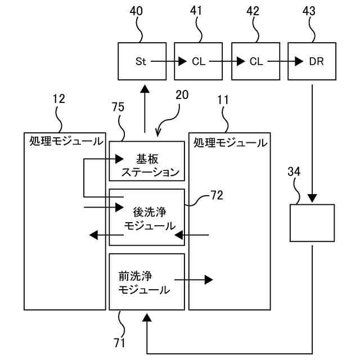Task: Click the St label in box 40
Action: (141, 61)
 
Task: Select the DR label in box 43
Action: (316, 61)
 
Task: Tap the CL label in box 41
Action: (199, 61)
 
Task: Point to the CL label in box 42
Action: (256, 61)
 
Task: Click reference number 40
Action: (136, 11)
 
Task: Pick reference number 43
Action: (309, 11)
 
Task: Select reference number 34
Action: (294, 172)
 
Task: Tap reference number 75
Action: (118, 107)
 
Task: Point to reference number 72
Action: (217, 195)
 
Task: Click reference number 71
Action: (119, 343)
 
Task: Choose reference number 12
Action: (58, 99)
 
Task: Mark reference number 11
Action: (223, 100)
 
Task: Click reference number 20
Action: (182, 94)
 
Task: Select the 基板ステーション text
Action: (150, 165)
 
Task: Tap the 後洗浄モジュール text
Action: (150, 219)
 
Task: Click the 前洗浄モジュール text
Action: (144, 282)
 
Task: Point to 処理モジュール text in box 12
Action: (66, 141)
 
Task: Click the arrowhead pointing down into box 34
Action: (312, 198)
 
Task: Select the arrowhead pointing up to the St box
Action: (145, 89)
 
